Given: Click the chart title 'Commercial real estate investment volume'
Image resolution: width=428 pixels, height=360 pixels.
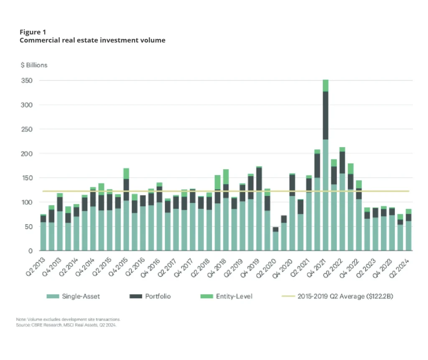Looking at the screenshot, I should coord(92,41).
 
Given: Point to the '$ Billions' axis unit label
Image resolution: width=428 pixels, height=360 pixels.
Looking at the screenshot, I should coord(34,65).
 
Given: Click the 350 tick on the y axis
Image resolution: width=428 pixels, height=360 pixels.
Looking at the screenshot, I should coord(27,80).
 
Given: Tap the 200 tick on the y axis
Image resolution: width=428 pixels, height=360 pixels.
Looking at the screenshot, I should coord(27,153).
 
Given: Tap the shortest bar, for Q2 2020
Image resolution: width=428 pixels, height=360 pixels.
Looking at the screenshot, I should coord(275,240).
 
